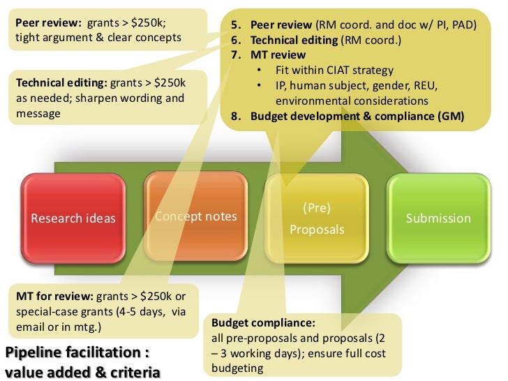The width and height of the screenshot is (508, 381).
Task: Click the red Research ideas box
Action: (73, 218)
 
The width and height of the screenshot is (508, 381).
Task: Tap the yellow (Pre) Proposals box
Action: (317, 218)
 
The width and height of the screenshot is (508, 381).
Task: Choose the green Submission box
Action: (438, 218)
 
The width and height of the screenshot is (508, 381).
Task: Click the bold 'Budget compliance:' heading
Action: (263, 324)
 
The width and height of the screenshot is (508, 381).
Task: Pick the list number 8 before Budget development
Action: (236, 116)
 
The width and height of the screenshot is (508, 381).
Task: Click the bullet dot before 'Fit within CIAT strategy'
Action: (260, 70)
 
